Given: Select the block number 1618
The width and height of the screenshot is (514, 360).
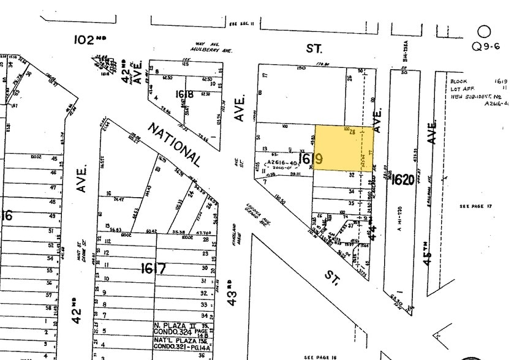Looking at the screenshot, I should [184, 94].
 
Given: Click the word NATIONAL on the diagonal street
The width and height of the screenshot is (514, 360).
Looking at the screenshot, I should [174, 144].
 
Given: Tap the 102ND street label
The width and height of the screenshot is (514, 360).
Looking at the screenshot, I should [93, 40].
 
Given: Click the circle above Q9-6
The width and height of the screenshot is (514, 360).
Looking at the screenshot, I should [485, 31].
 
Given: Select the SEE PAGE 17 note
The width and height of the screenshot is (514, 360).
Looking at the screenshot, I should [476, 206].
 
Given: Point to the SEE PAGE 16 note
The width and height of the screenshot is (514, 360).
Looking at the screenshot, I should [320, 356].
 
